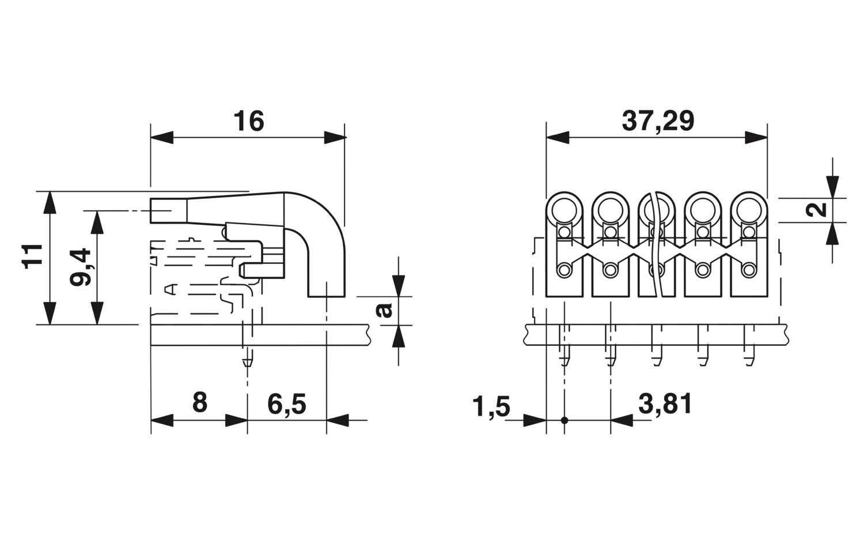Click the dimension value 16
(x=249, y=121)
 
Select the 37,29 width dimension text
(x=658, y=122)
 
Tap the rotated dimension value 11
(x=32, y=256)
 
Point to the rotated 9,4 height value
(x=80, y=267)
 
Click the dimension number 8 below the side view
(x=200, y=403)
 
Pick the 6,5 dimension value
(x=287, y=405)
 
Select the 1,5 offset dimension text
(x=491, y=406)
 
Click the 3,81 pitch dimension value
(x=665, y=405)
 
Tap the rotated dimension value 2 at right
(x=817, y=210)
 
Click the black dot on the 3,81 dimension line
(x=564, y=420)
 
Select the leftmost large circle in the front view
(x=564, y=210)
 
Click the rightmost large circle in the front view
(x=749, y=210)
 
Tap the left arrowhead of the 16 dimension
(x=162, y=137)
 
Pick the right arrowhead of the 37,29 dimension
(x=756, y=137)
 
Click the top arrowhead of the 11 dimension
(x=50, y=202)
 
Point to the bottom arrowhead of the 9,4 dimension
(x=97, y=313)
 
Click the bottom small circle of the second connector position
(x=610, y=270)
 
